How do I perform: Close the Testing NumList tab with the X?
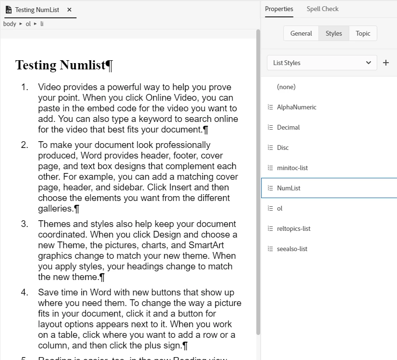[69, 10]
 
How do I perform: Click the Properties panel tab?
[279, 9]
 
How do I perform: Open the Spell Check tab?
[322, 9]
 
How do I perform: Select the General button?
[301, 33]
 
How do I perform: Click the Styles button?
[333, 33]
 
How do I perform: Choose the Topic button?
[363, 33]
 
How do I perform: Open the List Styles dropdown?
[322, 63]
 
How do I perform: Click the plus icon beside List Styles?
[386, 63]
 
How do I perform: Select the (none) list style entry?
[286, 87]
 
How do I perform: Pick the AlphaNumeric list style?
[296, 107]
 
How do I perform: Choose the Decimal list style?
[288, 127]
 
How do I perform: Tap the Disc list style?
[283, 147]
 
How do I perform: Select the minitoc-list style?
[292, 168]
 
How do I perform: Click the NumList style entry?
[289, 188]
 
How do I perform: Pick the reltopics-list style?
[293, 228]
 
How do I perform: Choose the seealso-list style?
[292, 249]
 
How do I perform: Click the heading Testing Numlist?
[60, 65]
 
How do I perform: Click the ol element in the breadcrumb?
[28, 24]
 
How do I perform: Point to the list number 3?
[25, 224]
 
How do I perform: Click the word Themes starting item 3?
[54, 224]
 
